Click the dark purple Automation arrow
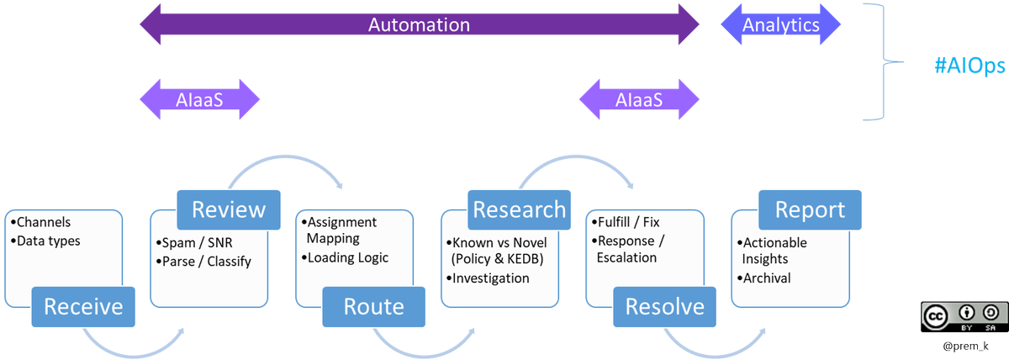pos(418,24)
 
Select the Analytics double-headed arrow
pos(780,24)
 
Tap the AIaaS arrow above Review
pos(199,99)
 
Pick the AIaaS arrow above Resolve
pos(638,99)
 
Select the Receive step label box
pos(83,306)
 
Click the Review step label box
pos(229,209)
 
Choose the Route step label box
pos(374,306)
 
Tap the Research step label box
pos(519,209)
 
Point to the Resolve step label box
pos(664,306)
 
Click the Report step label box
pos(809,209)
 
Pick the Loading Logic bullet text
pos(346,258)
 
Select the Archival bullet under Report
pos(765,278)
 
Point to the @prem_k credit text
pos(959,346)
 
